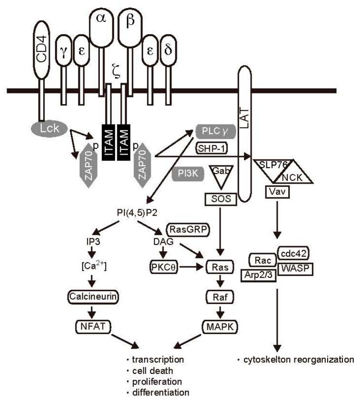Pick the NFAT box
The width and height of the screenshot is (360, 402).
pos(92,326)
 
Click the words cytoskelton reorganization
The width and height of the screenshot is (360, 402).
pos(297,360)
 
